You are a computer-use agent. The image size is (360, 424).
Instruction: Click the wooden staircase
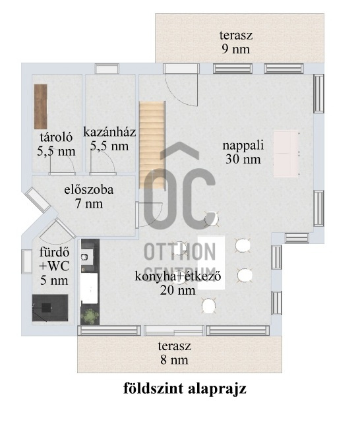152,144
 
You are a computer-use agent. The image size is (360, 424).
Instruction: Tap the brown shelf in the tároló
41,107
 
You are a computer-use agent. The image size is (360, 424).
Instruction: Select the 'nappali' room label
243,145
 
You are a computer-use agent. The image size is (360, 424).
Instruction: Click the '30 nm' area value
243,159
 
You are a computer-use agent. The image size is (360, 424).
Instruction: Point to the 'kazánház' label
109,133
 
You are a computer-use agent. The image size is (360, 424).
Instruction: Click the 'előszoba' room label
89,189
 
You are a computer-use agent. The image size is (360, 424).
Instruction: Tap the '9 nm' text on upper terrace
236,49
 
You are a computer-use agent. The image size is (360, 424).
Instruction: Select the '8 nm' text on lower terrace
174,360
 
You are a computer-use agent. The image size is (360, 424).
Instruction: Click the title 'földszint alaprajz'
185,388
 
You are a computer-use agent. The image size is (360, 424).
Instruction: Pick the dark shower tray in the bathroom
50,308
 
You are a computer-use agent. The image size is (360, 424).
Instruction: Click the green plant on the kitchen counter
90,316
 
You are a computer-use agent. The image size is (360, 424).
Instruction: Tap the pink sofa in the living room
286,154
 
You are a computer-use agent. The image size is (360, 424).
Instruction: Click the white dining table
211,262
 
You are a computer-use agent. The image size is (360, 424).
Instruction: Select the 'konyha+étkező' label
178,276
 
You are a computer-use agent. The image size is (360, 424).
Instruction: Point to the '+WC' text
54,266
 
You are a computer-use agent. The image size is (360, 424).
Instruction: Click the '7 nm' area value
89,203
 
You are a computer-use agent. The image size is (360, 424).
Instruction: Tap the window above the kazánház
107,69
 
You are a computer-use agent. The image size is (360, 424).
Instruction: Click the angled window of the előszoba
38,200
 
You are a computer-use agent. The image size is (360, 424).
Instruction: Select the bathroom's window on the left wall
26,262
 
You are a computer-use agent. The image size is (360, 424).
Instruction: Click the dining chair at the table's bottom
208,305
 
